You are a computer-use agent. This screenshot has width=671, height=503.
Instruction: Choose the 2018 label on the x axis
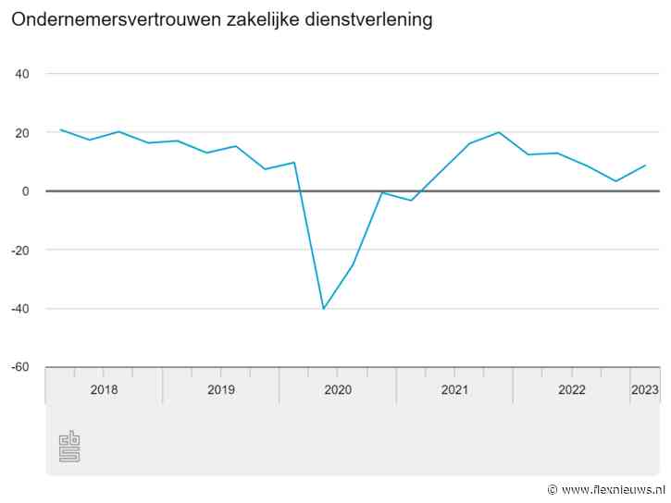pyautogui.click(x=104, y=390)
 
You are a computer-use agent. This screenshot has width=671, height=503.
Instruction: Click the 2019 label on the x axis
pyautogui.click(x=220, y=390)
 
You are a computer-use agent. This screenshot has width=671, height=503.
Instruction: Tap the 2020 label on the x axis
pyautogui.click(x=338, y=390)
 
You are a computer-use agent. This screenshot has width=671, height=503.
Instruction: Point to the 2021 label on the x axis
pyautogui.click(x=454, y=390)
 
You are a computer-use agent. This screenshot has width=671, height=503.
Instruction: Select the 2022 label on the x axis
pyautogui.click(x=571, y=390)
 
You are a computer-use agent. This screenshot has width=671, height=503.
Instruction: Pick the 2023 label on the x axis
pyautogui.click(x=644, y=390)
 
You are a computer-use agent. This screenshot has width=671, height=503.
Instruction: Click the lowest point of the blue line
pyautogui.click(x=323, y=308)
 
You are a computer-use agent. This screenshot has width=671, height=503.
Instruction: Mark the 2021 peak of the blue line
pyautogui.click(x=499, y=132)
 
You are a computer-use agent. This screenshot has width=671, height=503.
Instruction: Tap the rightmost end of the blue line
pyautogui.click(x=645, y=166)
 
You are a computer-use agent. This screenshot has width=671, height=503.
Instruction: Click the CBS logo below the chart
pyautogui.click(x=69, y=447)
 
